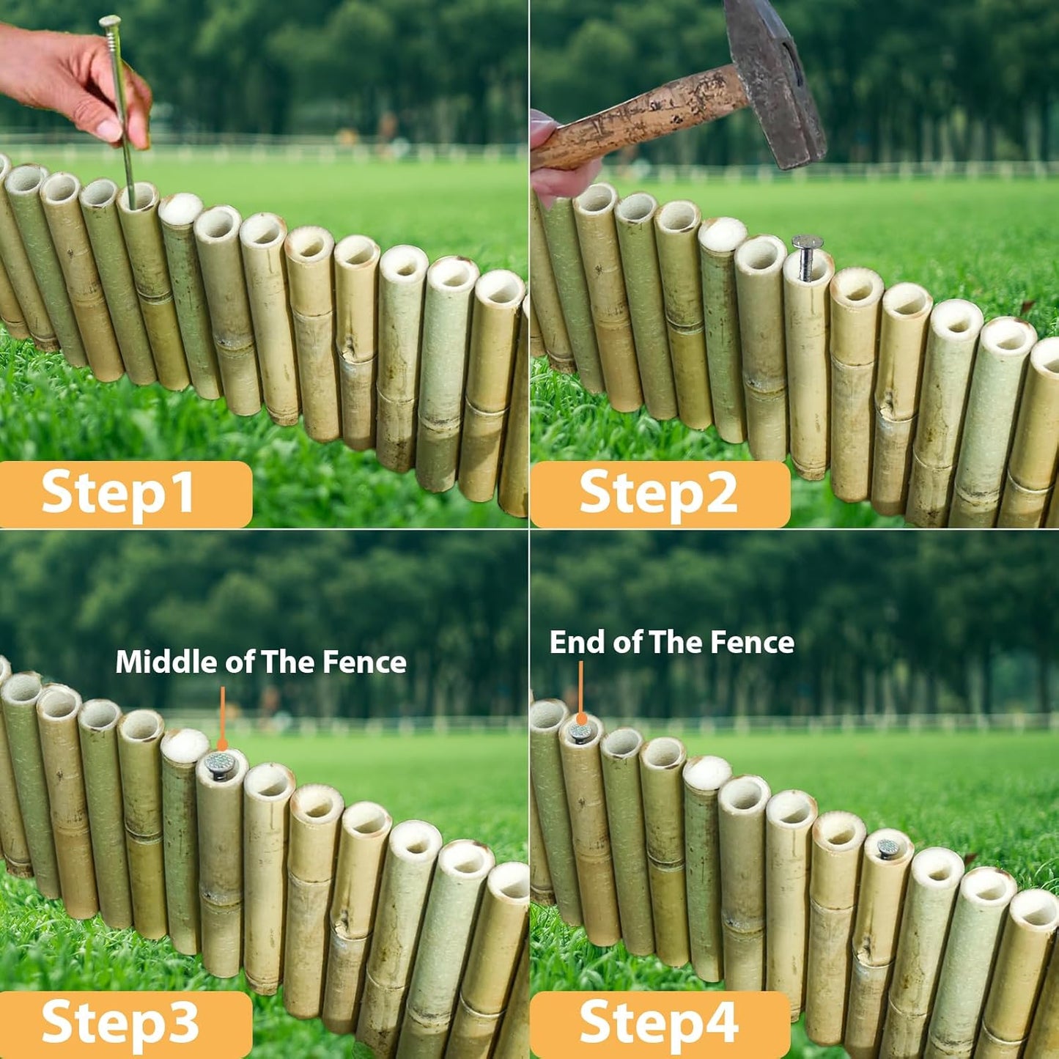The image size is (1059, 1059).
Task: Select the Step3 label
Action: pos(120,1022)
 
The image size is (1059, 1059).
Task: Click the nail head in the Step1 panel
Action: pos(110,21)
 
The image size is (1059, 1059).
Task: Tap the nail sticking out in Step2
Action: pos(806,253)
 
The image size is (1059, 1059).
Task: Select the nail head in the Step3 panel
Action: pos(219,764)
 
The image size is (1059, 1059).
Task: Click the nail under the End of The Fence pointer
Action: pos(580,731)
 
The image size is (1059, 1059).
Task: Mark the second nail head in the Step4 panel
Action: pos(888,848)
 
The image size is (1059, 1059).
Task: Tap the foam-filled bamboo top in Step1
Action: pos(180,208)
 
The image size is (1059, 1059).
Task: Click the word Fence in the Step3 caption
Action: pos(364,663)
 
